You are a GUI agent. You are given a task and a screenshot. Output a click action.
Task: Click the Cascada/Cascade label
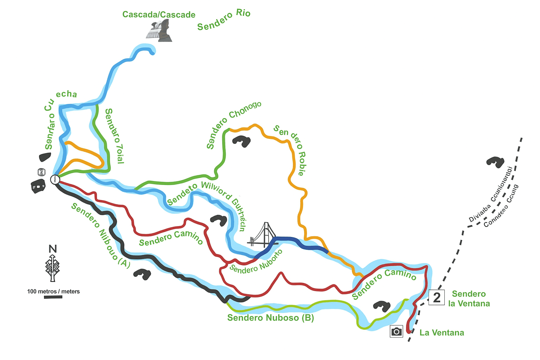(159, 15)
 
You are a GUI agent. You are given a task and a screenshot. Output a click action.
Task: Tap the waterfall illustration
(159, 31)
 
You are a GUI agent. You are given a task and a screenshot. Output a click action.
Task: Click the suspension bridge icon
(263, 236)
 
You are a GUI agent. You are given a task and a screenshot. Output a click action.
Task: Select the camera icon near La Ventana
(396, 332)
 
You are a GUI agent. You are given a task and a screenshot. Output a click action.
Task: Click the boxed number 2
(437, 297)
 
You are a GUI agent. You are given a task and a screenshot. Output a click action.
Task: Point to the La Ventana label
(442, 333)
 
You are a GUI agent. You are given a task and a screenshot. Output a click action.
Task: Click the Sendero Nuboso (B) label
(270, 318)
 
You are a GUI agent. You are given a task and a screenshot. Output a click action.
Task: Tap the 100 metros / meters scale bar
(53, 297)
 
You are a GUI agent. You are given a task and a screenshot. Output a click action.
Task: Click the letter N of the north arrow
(52, 249)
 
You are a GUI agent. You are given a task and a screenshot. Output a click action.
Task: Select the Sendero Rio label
(224, 20)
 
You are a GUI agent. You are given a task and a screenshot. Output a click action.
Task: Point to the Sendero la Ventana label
(469, 298)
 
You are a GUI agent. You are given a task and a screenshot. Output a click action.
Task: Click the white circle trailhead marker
(55, 180)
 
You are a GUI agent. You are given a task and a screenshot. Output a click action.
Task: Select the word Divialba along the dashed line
(480, 213)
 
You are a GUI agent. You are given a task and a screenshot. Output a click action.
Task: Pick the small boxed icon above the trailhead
(42, 172)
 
